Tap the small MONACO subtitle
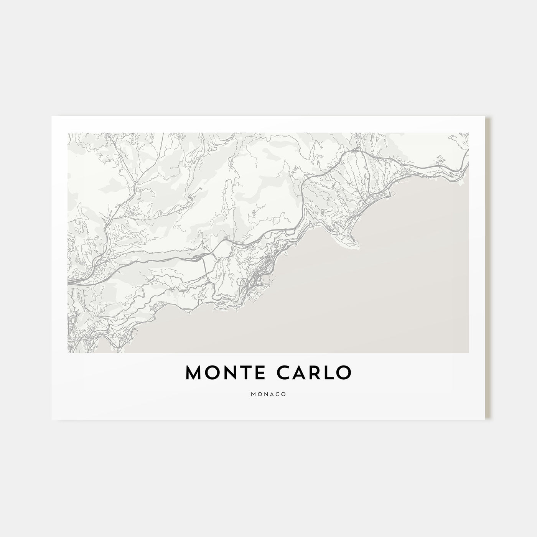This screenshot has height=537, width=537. click(268, 394)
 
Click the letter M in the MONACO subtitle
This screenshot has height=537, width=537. click(254, 394)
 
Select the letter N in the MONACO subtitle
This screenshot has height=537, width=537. click(265, 394)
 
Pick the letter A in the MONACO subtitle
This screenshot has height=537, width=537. click(271, 394)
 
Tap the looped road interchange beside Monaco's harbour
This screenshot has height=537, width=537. click(243, 283)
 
